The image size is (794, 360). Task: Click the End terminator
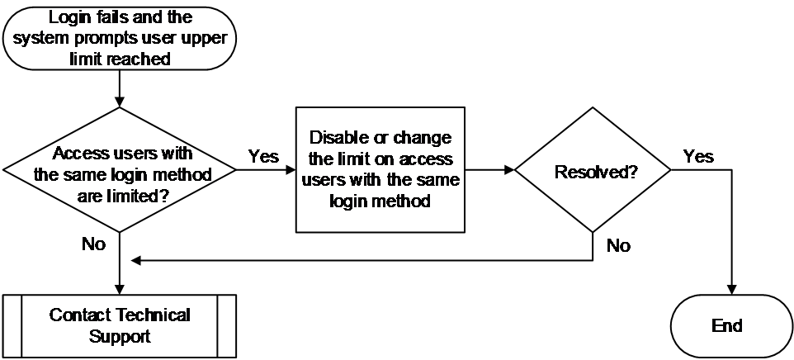point(731,326)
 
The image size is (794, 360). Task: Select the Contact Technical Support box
point(120,326)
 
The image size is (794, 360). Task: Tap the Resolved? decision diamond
point(593,170)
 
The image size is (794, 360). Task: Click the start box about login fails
point(120,38)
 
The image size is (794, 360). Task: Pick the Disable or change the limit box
point(380,170)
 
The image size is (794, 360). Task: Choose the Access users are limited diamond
point(120,170)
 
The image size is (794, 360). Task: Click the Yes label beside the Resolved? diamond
point(698,156)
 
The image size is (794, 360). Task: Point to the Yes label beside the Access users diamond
point(263,156)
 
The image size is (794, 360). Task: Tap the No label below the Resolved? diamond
point(618,246)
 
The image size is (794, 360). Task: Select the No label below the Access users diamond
point(94,244)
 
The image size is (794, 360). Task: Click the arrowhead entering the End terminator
point(731,290)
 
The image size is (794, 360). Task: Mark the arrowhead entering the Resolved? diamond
point(509,170)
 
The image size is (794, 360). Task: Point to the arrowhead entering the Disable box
point(291,170)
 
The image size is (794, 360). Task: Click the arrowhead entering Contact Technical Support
point(120,290)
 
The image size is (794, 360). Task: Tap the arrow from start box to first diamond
point(120,88)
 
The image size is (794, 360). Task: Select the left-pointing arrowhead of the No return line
point(135,261)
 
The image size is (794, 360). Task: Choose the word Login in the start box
point(69,18)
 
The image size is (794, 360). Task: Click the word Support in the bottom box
point(120,337)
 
